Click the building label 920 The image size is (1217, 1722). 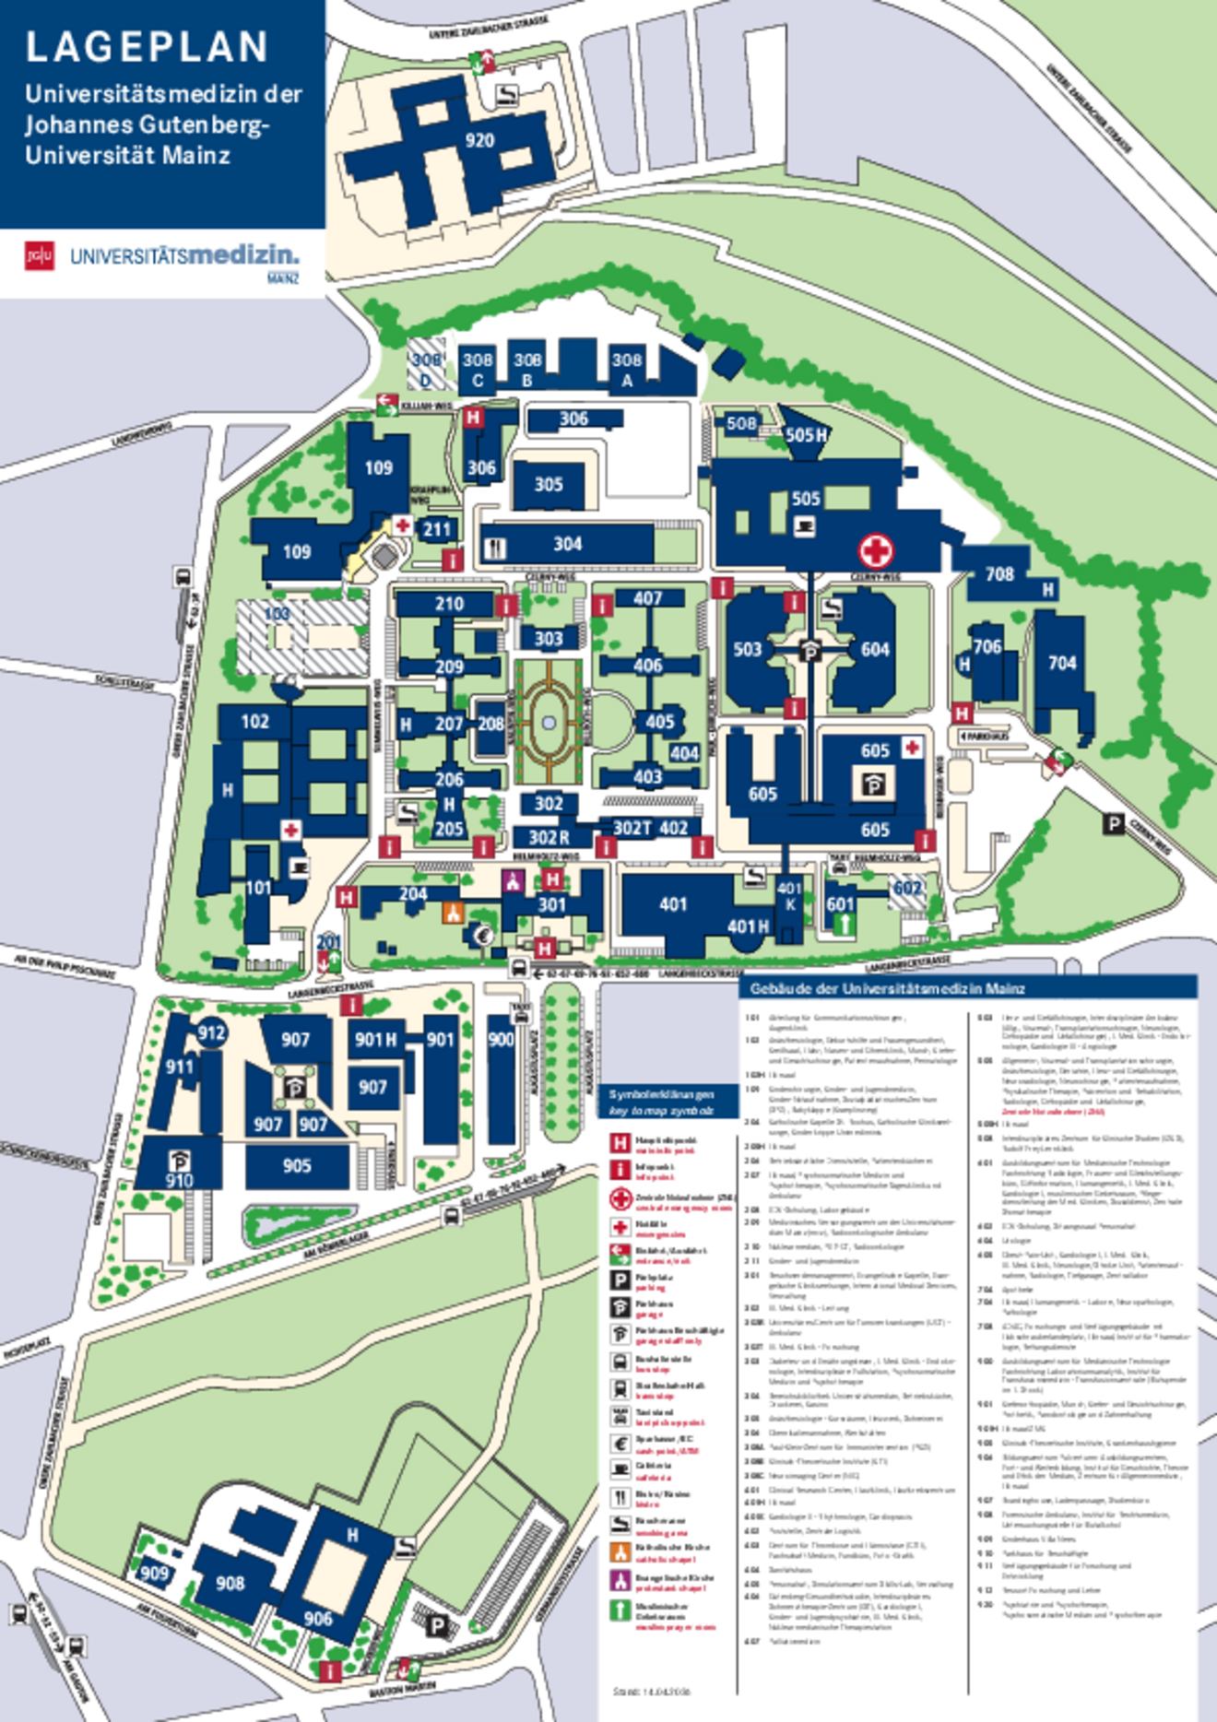pyautogui.click(x=479, y=141)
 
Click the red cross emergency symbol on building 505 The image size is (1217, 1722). pyautogui.click(x=876, y=551)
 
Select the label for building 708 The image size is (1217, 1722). pyautogui.click(x=999, y=574)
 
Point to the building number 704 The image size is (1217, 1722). pyautogui.click(x=1062, y=663)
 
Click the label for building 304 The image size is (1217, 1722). pyautogui.click(x=567, y=545)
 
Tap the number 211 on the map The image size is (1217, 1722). pyautogui.click(x=436, y=529)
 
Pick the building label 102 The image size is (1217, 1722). pyautogui.click(x=255, y=722)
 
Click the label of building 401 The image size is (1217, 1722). pyautogui.click(x=673, y=905)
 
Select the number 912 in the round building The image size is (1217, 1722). pyautogui.click(x=212, y=1033)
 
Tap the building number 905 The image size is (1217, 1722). pyautogui.click(x=297, y=1166)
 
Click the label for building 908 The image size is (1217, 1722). pyautogui.click(x=230, y=1583)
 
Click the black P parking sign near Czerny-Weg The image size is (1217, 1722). pyautogui.click(x=1114, y=823)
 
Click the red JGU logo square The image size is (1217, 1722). pyautogui.click(x=40, y=256)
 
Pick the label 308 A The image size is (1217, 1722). pyautogui.click(x=627, y=370)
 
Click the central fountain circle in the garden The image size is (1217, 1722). pyautogui.click(x=549, y=724)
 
